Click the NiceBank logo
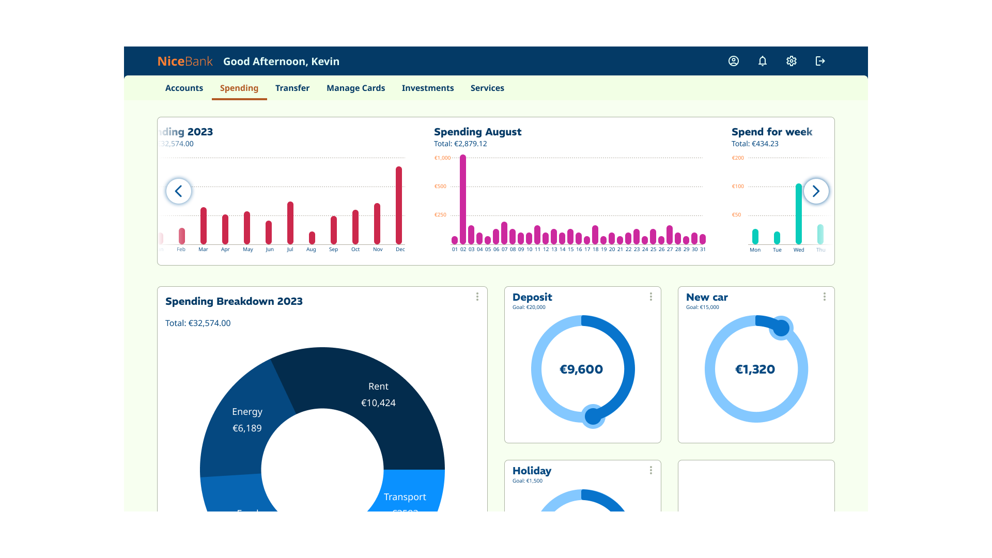click(x=184, y=61)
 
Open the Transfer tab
click(x=292, y=88)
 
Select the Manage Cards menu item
click(x=355, y=88)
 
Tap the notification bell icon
click(x=762, y=61)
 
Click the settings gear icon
click(x=791, y=61)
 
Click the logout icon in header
click(x=820, y=61)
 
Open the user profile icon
click(x=733, y=61)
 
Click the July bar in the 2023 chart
click(x=290, y=223)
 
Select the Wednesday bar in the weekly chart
click(x=799, y=214)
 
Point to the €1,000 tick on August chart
click(x=442, y=158)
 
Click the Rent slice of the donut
click(x=378, y=394)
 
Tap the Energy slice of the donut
click(x=247, y=420)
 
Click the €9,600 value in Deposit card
click(x=581, y=369)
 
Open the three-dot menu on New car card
click(x=824, y=297)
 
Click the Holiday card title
click(x=532, y=471)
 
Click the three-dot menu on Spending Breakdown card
click(x=477, y=297)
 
